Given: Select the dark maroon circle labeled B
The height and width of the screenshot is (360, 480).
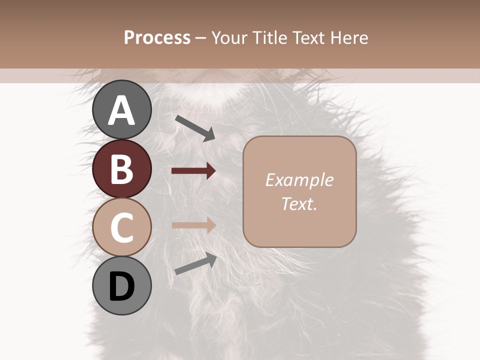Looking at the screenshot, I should [121, 168].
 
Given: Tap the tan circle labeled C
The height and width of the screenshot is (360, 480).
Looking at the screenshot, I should [121, 227].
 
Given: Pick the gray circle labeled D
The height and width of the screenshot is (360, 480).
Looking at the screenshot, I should [121, 285].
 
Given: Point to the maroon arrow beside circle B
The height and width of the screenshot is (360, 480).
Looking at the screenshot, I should [193, 171].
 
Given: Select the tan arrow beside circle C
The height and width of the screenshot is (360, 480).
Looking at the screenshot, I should [193, 224].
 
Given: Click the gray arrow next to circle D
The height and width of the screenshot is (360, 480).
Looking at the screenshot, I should [195, 263].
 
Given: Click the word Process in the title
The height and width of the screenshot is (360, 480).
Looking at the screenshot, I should [157, 37].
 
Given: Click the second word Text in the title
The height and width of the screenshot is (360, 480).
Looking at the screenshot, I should [312, 37].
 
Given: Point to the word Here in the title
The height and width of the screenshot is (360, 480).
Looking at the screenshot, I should [351, 37].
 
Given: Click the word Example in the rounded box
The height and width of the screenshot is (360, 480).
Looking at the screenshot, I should [299, 180].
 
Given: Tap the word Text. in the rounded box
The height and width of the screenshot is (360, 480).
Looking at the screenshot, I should [299, 203].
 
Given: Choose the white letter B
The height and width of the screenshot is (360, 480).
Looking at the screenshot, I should [121, 169].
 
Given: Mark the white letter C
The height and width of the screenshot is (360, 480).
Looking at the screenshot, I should [121, 227].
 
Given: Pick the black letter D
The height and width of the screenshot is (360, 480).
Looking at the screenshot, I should [121, 286].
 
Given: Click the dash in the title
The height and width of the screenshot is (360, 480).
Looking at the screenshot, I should [200, 38].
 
